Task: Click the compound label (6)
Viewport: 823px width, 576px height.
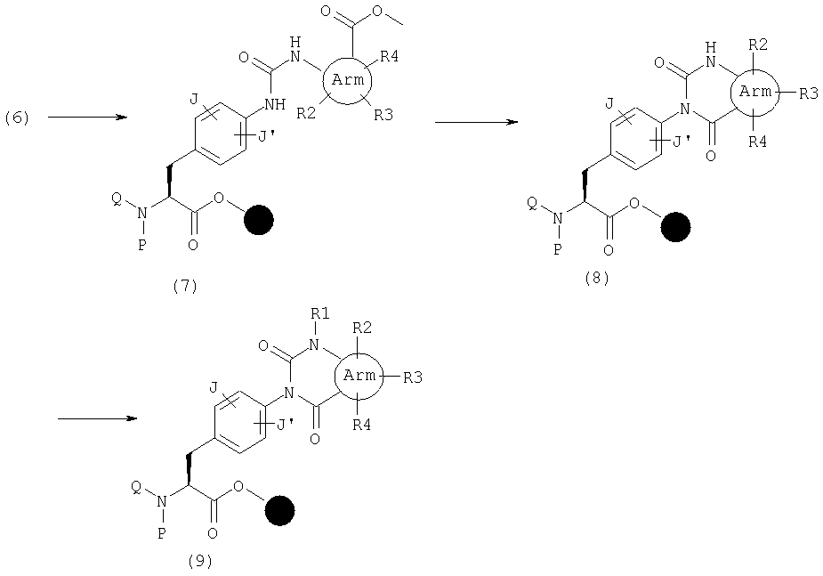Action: tap(17, 118)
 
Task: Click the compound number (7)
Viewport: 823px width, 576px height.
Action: tap(185, 286)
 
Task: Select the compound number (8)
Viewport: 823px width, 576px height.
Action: tap(597, 278)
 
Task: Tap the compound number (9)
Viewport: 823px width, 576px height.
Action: tap(200, 561)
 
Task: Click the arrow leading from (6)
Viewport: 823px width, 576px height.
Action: tap(88, 118)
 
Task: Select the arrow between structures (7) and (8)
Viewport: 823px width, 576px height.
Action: tap(476, 122)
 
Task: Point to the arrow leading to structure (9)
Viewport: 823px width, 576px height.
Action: tap(97, 418)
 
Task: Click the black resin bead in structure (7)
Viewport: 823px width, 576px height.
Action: tap(259, 220)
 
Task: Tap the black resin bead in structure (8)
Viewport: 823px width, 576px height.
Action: tap(675, 227)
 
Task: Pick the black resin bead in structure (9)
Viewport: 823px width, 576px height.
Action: tap(279, 510)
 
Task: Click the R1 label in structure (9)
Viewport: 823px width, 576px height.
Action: tap(320, 314)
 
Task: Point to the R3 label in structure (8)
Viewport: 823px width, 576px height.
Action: tap(809, 93)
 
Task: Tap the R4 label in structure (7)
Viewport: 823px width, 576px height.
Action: tap(389, 56)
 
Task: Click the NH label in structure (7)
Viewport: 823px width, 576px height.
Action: tap(275, 104)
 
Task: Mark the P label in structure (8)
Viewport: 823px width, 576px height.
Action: tap(558, 249)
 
